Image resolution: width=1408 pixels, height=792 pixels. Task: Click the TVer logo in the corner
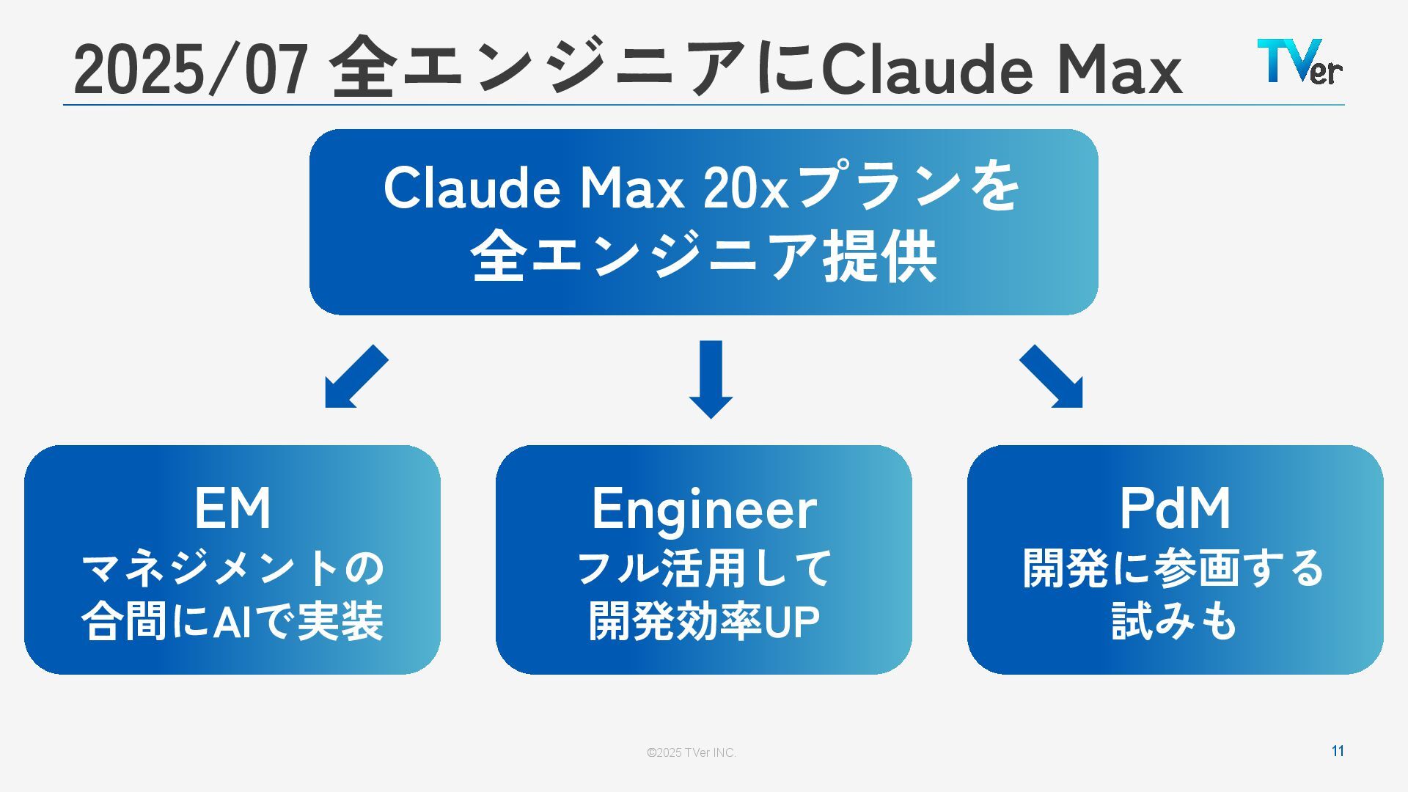tap(1299, 62)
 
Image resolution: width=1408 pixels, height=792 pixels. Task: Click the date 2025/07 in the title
tap(190, 70)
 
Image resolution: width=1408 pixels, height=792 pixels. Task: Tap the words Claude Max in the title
tap(1001, 70)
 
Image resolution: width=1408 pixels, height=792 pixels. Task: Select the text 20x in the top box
tap(745, 188)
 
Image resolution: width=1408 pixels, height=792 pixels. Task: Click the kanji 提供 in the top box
tap(879, 256)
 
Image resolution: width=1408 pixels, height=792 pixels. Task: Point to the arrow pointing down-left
tap(355, 377)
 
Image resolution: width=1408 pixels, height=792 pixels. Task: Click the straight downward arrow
tap(711, 378)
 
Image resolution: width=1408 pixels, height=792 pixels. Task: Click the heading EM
tap(232, 508)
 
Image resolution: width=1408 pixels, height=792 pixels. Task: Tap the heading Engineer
tap(704, 509)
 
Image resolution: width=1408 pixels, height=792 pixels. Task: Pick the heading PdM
tap(1175, 508)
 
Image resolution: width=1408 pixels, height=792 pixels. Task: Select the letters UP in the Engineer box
tap(792, 622)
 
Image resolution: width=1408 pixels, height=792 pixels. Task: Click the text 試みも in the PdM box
tap(1175, 622)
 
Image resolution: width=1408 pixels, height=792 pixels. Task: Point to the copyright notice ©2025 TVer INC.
tap(691, 752)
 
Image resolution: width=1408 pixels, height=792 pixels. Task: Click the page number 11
tap(1338, 751)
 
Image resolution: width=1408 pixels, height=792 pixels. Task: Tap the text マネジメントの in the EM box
tap(232, 568)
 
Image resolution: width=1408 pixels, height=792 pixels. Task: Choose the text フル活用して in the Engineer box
tap(704, 568)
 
